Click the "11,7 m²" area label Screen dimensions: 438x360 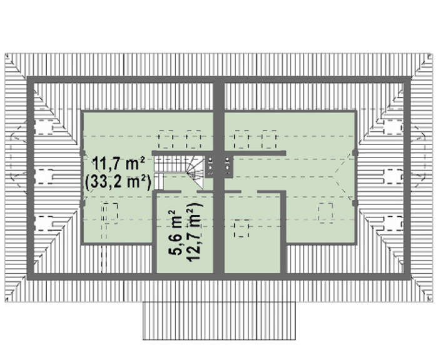(118, 164)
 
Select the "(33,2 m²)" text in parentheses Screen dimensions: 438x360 (118, 182)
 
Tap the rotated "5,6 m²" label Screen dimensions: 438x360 (176, 232)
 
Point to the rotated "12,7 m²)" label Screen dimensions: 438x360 (194, 232)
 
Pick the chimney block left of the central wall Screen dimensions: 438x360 (210, 166)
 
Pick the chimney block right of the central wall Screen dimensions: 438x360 (228, 166)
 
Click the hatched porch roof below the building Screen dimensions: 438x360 (219, 321)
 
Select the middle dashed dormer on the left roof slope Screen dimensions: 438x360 (43, 176)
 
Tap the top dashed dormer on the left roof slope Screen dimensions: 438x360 (43, 127)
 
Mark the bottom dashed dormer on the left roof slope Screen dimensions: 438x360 (43, 223)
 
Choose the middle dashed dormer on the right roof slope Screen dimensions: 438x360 (394, 176)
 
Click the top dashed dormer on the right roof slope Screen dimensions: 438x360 (394, 127)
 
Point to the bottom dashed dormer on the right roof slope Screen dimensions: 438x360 (394, 223)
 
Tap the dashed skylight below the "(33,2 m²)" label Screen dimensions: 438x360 (109, 213)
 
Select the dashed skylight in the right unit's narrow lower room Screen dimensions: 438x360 (242, 228)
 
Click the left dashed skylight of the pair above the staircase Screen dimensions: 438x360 (166, 139)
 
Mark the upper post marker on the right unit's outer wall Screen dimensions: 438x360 (355, 152)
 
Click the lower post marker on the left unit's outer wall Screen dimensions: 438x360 (83, 204)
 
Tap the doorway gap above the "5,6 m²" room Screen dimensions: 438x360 (189, 192)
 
